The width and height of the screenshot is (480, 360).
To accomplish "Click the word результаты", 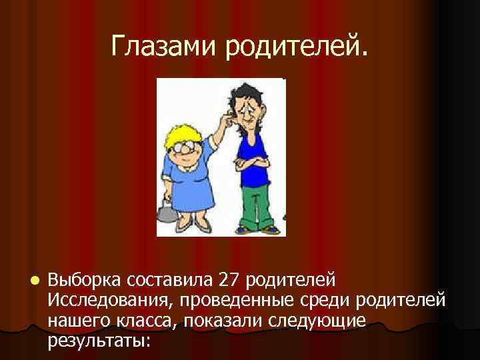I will pos(99,342).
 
